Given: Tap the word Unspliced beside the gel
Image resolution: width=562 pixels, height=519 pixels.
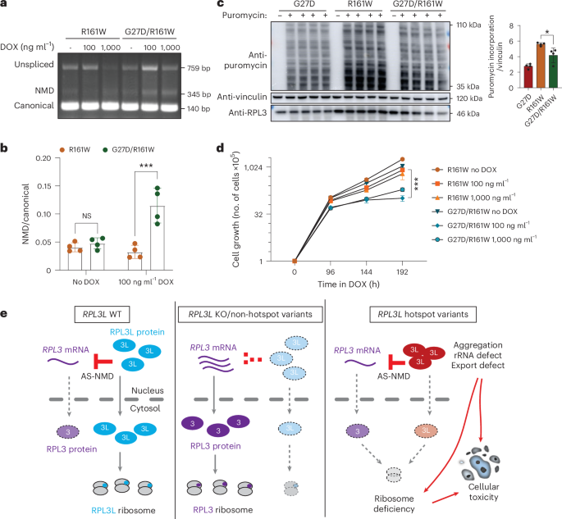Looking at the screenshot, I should tap(31, 60).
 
